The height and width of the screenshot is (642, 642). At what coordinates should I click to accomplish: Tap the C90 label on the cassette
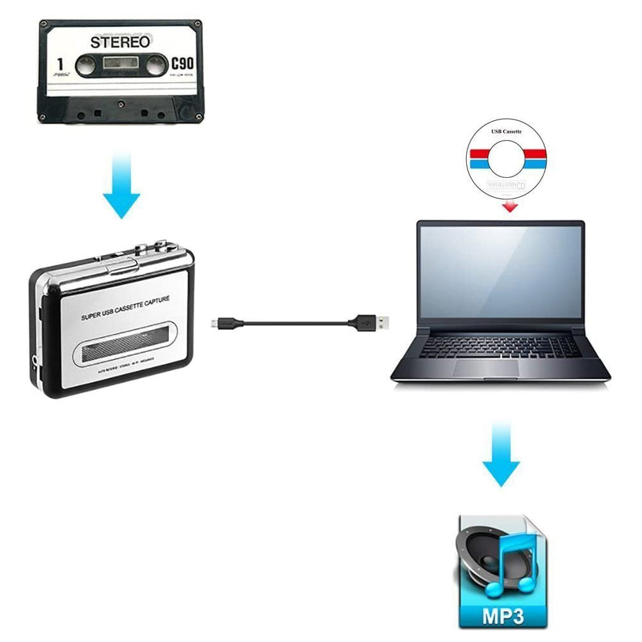182,64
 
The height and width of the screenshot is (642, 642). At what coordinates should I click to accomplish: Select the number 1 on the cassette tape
59,64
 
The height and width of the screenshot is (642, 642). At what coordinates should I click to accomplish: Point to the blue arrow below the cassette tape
121,187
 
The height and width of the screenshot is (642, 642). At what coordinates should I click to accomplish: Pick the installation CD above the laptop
507,159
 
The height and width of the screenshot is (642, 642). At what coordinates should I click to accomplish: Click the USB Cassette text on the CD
507,131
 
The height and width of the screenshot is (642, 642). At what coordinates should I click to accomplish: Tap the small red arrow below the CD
510,206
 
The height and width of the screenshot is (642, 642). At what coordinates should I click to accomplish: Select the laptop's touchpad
486,368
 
